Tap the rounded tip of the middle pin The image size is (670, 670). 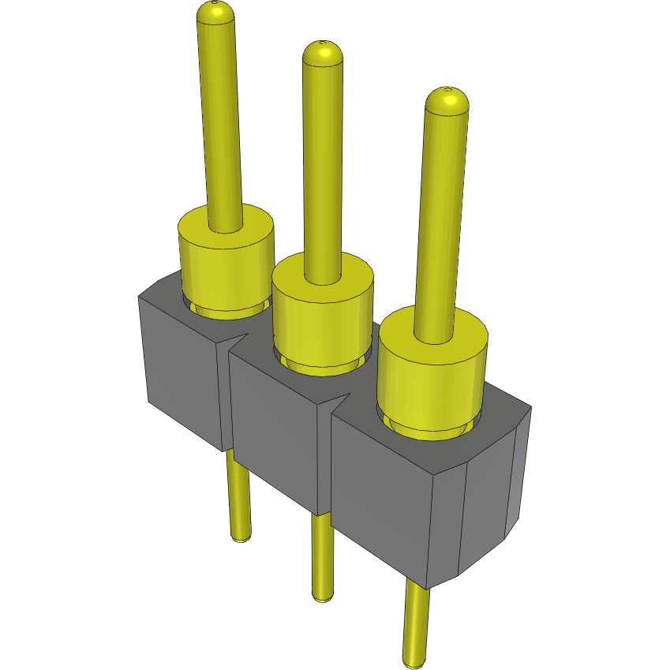point(323,53)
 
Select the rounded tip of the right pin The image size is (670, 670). point(447,99)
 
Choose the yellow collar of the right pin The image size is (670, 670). point(430,379)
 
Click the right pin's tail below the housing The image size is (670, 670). point(416,623)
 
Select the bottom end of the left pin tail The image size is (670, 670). point(241,538)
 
